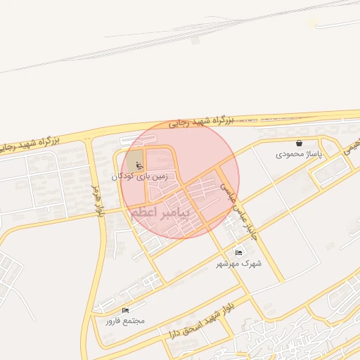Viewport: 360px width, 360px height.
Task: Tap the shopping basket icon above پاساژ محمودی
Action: pos(300,143)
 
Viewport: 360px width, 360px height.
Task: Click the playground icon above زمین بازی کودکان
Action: pos(138,165)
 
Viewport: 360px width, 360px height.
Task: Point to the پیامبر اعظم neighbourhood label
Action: pos(160,214)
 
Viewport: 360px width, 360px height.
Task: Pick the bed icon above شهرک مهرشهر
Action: pos(238,252)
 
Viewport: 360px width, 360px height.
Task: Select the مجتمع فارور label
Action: pos(125,321)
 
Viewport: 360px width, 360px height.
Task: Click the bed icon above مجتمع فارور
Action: pos(125,310)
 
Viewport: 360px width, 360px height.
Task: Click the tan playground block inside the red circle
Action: pos(134,160)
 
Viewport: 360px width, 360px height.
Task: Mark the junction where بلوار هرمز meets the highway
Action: pos(88,138)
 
